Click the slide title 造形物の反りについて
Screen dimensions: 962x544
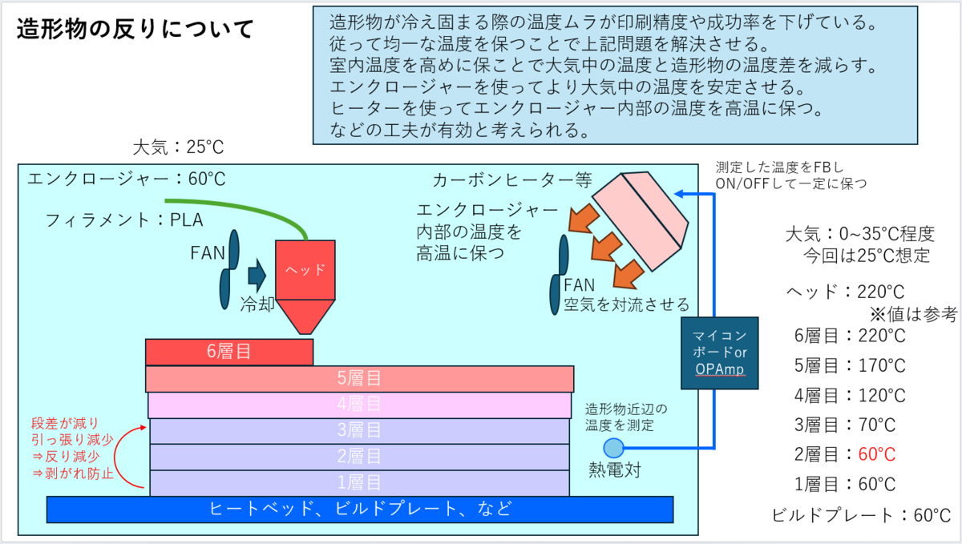135,29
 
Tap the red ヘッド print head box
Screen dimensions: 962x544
305,270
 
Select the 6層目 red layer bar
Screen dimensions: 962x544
229,352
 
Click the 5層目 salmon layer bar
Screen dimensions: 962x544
359,379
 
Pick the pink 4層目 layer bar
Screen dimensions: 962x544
359,405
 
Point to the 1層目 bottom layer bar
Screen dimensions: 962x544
359,483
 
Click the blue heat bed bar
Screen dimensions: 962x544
360,510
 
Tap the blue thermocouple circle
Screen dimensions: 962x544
614,448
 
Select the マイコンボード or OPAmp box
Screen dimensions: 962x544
719,353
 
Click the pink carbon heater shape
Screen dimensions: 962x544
641,220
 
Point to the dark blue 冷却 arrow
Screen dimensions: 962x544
257,276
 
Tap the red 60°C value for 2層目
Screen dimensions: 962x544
876,454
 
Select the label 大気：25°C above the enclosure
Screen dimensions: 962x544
178,147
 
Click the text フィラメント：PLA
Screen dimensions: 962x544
124,220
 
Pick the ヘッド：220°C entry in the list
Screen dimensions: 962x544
846,292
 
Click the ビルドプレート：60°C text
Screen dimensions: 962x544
861,516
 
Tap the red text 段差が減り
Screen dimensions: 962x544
65,423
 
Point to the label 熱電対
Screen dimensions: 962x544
615,470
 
